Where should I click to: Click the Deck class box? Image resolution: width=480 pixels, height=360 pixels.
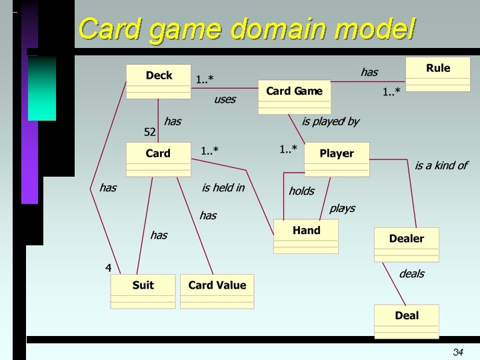(x=159, y=81)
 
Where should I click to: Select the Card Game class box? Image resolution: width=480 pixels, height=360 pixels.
(x=294, y=97)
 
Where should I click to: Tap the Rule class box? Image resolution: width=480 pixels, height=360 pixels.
(x=438, y=74)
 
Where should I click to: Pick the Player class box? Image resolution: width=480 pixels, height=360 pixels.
(x=337, y=159)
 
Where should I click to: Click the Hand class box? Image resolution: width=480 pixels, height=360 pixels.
(x=306, y=236)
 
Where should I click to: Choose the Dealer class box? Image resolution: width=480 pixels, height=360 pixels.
(x=407, y=244)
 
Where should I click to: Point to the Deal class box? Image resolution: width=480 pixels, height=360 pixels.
(x=407, y=321)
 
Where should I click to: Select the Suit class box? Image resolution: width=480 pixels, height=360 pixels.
(x=143, y=291)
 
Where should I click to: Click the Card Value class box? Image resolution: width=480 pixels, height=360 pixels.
(x=217, y=291)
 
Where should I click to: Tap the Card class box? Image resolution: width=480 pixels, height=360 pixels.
(x=158, y=159)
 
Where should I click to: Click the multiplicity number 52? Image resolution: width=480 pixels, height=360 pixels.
(x=150, y=131)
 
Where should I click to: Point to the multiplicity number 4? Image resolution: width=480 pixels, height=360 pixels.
(x=108, y=267)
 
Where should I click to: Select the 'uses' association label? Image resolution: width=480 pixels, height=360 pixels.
(x=225, y=99)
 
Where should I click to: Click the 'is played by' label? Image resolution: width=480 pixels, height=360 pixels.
(x=330, y=121)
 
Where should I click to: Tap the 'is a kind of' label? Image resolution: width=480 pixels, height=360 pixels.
(x=441, y=165)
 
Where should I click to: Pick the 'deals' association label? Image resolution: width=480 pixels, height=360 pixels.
(x=411, y=274)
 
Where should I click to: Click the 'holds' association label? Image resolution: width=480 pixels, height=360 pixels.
(x=301, y=191)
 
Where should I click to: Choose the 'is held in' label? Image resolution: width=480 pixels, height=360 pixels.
(x=223, y=188)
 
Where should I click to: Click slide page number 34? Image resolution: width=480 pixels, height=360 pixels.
(x=458, y=352)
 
